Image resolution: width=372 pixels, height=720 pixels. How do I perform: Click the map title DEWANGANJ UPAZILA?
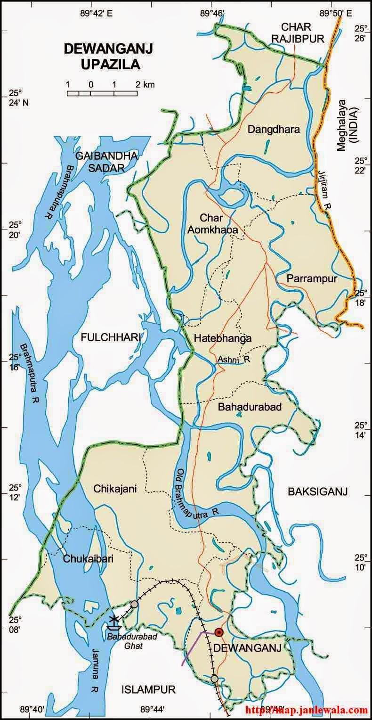[x=102, y=56]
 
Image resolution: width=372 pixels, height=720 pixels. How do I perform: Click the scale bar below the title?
[x=102, y=93]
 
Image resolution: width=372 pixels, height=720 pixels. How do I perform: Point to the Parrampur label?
[x=312, y=279]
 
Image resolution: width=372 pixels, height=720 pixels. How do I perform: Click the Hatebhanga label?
[x=222, y=338]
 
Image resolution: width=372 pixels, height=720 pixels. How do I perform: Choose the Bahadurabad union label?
[x=250, y=407]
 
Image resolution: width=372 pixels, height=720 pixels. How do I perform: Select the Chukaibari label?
[x=88, y=559]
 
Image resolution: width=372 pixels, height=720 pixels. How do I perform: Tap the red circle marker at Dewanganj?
[x=218, y=632]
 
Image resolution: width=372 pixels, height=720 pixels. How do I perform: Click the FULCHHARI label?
[x=111, y=337]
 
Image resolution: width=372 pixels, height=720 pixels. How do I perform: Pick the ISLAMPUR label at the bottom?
[x=148, y=690]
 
